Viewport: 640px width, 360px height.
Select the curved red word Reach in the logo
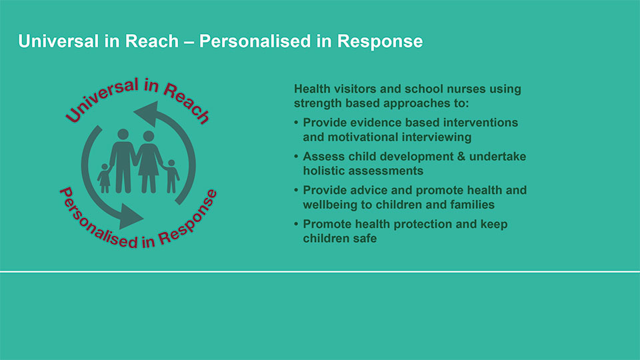tap(187, 102)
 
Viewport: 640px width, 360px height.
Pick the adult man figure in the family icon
tap(123, 161)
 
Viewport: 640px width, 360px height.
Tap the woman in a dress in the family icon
tap(149, 161)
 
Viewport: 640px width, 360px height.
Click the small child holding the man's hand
tap(105, 179)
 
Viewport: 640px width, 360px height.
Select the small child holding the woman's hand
tap(172, 176)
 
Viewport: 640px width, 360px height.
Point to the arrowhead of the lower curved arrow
tap(131, 216)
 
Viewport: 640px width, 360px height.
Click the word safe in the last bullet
tap(363, 239)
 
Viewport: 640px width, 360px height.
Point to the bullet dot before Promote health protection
tap(296, 224)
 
